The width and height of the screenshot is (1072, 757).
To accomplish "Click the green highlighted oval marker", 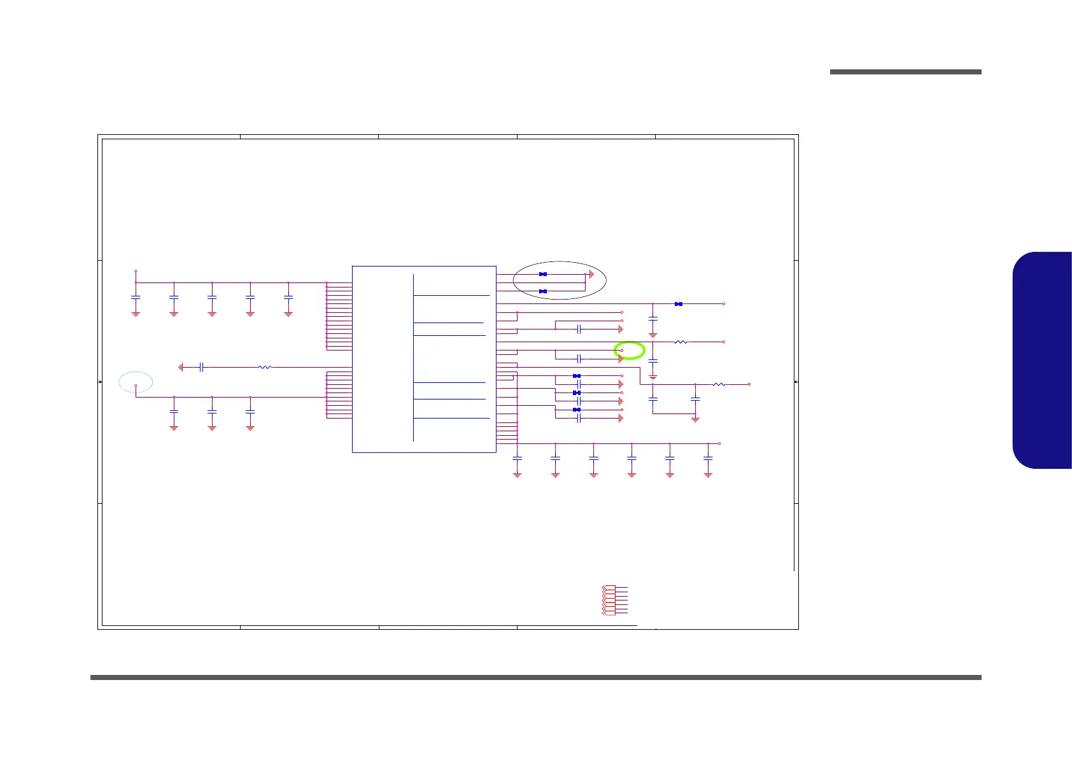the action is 630,351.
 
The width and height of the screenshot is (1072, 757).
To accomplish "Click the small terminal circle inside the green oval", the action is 622,351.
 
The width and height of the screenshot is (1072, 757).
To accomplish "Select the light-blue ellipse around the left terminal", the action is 136,382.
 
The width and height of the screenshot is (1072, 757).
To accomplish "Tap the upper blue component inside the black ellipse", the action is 543,274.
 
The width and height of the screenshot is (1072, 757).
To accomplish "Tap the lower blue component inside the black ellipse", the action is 543,291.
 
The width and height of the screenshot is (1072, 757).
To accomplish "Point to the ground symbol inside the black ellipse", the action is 591,274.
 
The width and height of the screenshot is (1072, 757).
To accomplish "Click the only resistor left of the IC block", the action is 265,367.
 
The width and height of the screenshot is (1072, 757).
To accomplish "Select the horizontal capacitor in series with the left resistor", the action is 201,367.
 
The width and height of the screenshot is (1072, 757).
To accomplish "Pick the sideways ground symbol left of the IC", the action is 181,367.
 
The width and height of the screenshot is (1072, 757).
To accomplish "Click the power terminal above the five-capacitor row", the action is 136,271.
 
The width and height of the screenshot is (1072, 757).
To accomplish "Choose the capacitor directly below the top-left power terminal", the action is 136,297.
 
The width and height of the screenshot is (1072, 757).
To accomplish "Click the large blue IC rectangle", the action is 424,359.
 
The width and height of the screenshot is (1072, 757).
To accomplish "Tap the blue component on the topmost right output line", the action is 679,304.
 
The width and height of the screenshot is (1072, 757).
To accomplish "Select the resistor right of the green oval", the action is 681,342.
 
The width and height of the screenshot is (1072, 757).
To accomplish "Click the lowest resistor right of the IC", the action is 719,384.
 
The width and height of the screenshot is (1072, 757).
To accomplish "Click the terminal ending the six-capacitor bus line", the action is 719,443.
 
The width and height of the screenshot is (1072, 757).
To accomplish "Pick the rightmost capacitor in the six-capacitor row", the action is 708,458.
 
